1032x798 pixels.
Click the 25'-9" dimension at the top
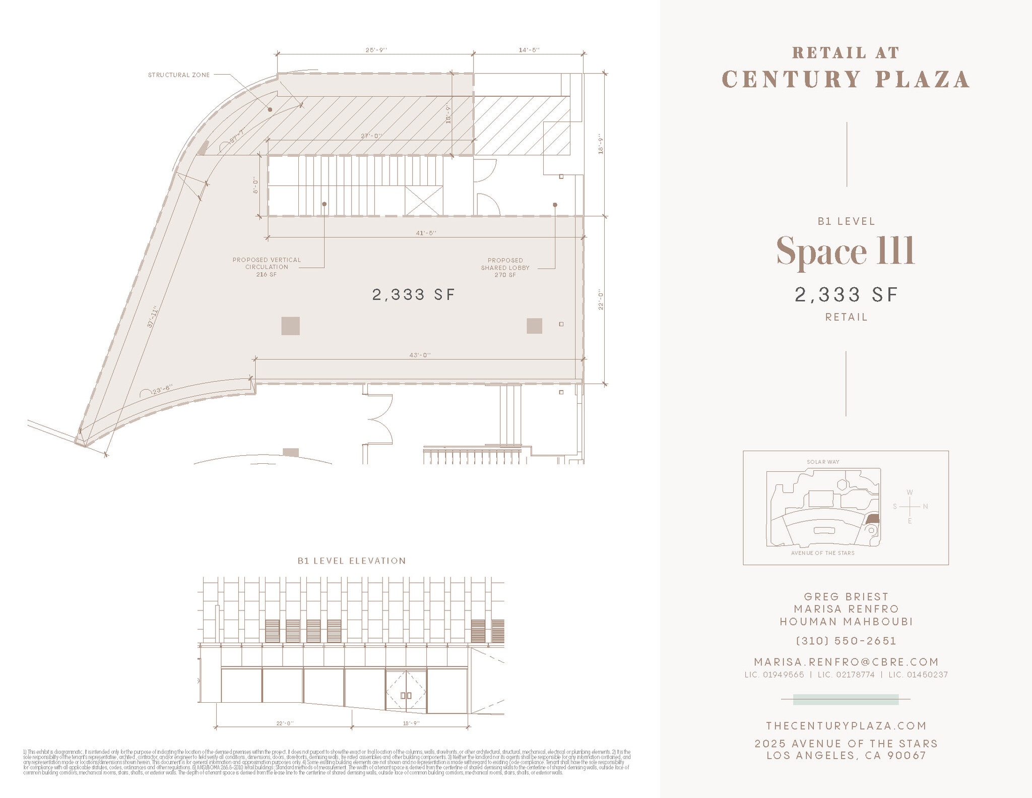click(376, 50)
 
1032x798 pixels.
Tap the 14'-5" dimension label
click(529, 50)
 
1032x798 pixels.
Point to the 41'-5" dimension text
click(426, 233)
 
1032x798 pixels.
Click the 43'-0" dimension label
click(420, 355)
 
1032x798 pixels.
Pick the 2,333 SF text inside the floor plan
click(414, 294)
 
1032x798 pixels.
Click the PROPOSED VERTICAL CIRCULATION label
click(267, 267)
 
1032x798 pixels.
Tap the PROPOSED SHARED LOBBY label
click(505, 268)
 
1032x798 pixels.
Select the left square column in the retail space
click(290, 326)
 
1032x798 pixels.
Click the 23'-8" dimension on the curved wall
click(162, 389)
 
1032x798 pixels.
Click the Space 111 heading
click(846, 251)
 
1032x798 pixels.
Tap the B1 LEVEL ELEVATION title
click(352, 561)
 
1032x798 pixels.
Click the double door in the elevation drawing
click(406, 692)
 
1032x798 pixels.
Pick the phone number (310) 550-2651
click(846, 641)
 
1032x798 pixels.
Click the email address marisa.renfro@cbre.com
click(846, 662)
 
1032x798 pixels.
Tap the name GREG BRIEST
click(846, 597)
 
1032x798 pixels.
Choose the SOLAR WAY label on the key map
click(823, 462)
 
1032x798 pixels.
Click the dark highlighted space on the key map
click(873, 519)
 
